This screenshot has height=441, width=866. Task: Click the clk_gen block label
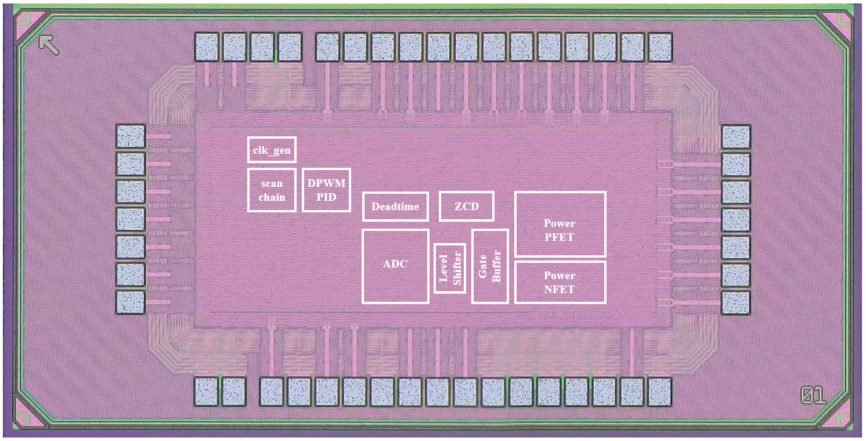pos(272,150)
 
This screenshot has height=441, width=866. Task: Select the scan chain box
pos(272,190)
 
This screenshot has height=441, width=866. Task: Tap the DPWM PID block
pos(326,190)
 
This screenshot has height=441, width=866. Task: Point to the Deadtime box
pos(395,207)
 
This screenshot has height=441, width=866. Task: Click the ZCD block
pos(466,207)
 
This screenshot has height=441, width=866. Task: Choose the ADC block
pos(395,266)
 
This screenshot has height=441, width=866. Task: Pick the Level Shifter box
pos(450,268)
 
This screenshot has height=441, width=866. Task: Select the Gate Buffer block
pos(490,266)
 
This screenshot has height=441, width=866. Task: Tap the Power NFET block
pos(560,281)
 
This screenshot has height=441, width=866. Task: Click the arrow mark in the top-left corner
pos(49,45)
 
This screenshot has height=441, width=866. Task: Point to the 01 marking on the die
pos(813,396)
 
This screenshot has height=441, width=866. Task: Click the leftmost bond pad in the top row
pos(207,47)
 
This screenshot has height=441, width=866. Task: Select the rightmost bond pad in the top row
pos(659,47)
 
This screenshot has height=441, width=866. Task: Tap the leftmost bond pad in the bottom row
pos(206,392)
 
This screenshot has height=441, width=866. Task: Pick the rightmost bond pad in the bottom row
pos(659,392)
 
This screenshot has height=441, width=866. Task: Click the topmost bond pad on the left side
pos(131,136)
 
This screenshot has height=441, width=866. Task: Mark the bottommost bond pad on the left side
pos(131,302)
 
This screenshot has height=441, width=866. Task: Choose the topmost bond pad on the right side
pos(736,136)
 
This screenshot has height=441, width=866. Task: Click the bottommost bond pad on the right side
pos(736,302)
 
